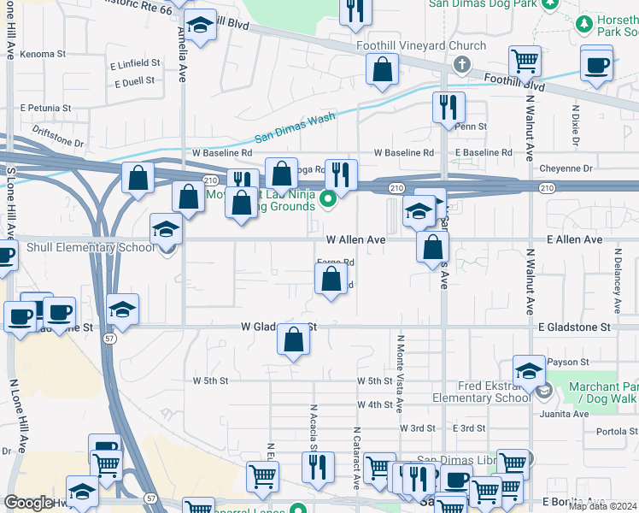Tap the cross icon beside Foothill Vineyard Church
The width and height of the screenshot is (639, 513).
point(462,63)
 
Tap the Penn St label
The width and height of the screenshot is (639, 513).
point(470,127)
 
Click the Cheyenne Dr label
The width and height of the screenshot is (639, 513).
point(565,169)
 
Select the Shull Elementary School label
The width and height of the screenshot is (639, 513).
point(79,248)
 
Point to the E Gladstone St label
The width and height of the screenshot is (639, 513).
point(574,327)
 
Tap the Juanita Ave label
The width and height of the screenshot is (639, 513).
point(565,414)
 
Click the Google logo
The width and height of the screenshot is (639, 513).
point(28,503)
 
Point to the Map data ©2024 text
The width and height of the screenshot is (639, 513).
point(602,506)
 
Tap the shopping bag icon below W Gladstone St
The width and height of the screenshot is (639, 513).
point(293,341)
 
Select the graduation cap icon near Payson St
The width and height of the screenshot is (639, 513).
point(529,371)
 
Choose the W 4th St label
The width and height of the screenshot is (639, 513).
point(374,404)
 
